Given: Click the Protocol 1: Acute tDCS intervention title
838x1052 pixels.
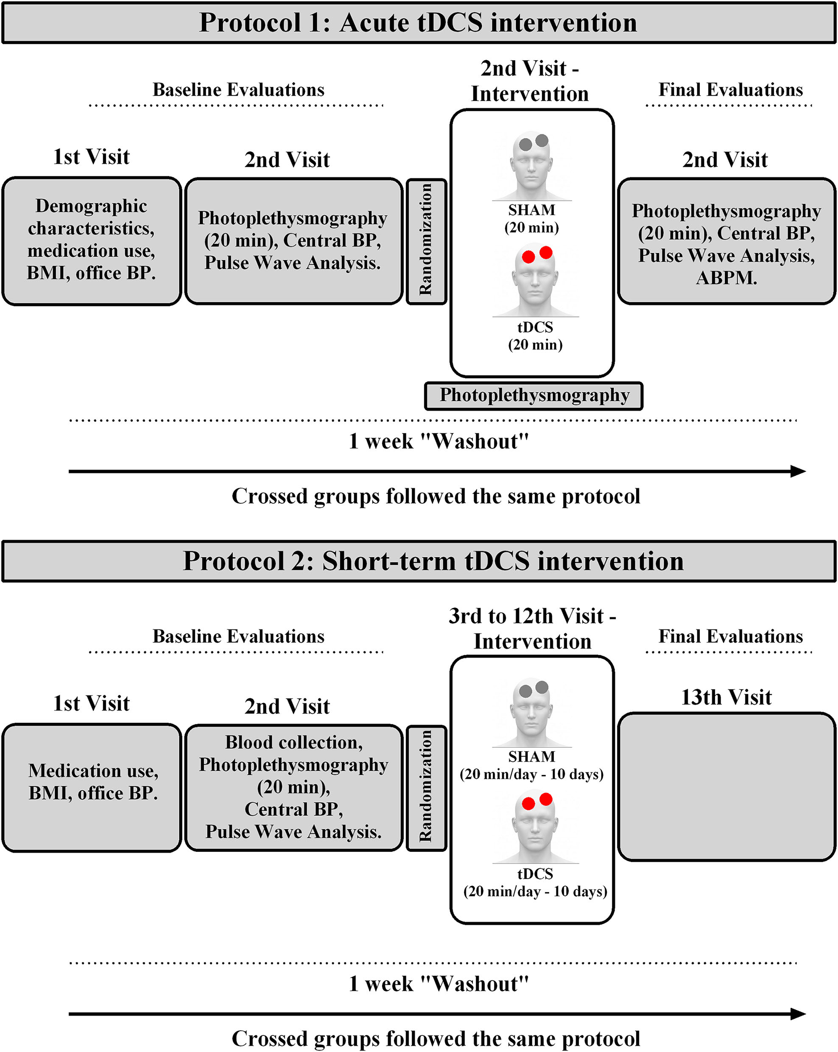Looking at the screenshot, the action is pos(419,23).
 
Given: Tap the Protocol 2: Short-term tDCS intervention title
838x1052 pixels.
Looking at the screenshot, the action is pos(433,561).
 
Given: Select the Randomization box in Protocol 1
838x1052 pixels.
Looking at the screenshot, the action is pos(426,242).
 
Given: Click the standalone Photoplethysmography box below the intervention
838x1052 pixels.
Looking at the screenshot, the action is pos(533,396).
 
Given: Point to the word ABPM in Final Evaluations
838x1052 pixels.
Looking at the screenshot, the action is pos(726,278).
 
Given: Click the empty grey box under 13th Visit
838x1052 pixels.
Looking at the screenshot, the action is pos(727,787).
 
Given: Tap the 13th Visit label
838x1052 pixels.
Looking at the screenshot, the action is pos(726,697).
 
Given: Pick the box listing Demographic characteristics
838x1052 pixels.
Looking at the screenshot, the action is pos(92,241).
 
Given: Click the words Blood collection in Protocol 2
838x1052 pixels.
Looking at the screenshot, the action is pos(294,742).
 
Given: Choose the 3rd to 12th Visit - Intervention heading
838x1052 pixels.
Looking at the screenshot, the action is pos(532,629).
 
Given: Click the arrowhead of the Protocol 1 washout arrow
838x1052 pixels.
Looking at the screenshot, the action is pos(798,471).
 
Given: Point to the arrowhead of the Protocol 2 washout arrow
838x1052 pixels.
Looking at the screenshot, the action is pos(798,1014).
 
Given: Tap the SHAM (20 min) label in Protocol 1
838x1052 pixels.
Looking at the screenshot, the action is pos(532,219).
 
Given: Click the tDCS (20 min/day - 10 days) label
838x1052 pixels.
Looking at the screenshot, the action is pos(535,883).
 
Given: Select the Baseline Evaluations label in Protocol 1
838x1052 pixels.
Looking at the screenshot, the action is pos(238,90).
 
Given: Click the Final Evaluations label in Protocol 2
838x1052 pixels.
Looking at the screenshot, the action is pos(731,636).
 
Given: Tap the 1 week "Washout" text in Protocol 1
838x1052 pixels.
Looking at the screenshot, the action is pos(439,441).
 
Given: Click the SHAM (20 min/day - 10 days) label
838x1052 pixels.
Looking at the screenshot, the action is pos(532,765).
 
